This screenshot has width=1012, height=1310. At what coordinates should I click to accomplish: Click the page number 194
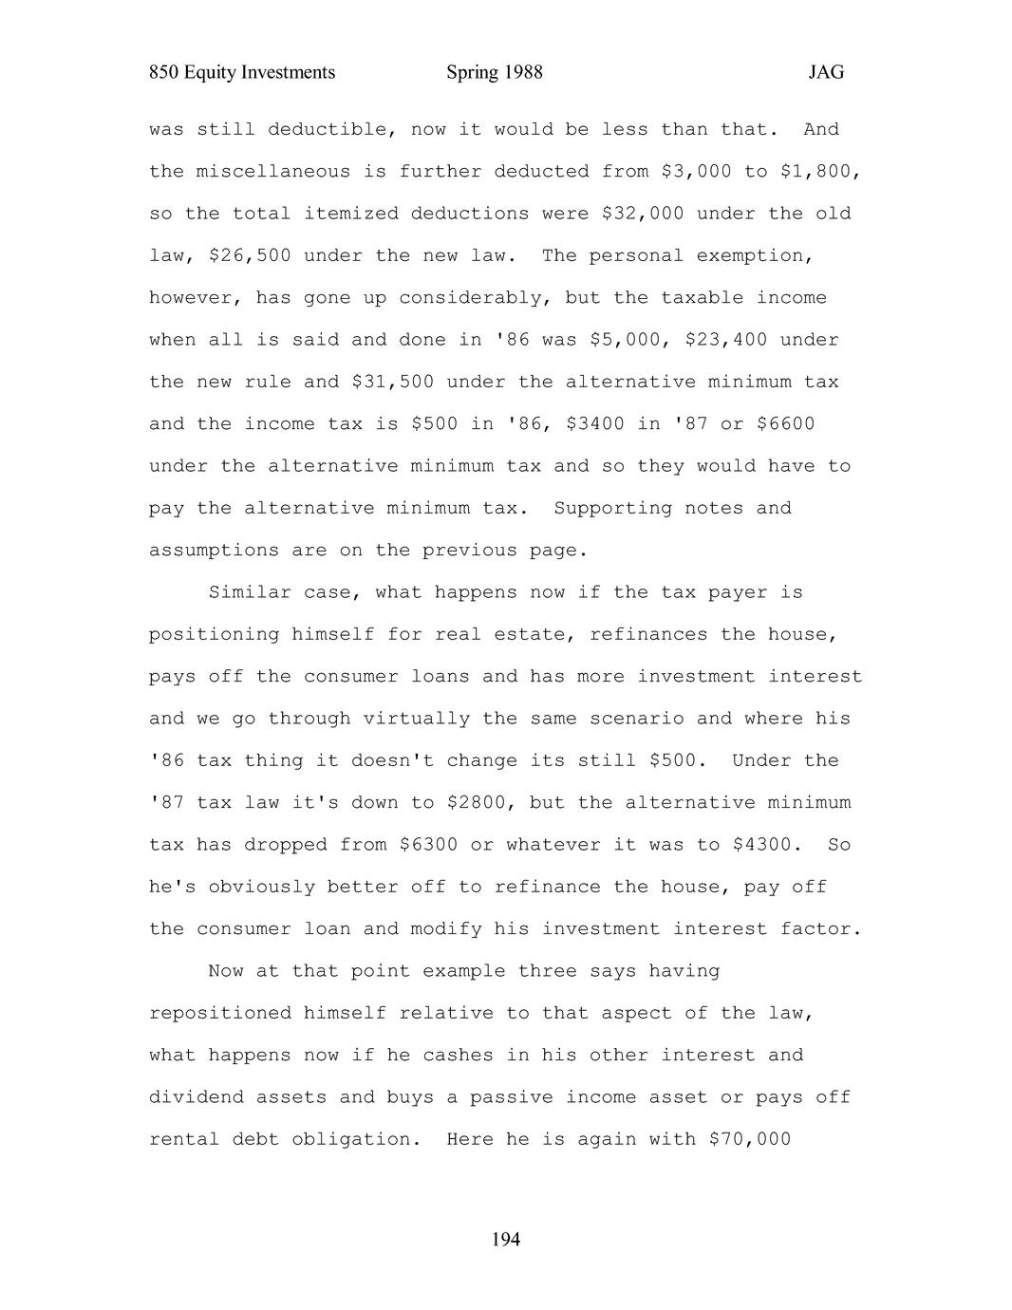click(x=506, y=1239)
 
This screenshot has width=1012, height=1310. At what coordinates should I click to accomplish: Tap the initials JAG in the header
click(x=826, y=72)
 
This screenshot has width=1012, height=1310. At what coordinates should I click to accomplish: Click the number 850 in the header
click(x=164, y=72)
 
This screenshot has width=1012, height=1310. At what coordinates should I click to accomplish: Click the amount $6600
click(x=785, y=423)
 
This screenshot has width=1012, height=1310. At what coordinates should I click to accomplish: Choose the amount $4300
click(x=767, y=844)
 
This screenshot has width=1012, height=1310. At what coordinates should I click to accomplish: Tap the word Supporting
click(x=612, y=508)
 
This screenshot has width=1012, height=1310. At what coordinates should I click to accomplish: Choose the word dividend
click(x=196, y=1096)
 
